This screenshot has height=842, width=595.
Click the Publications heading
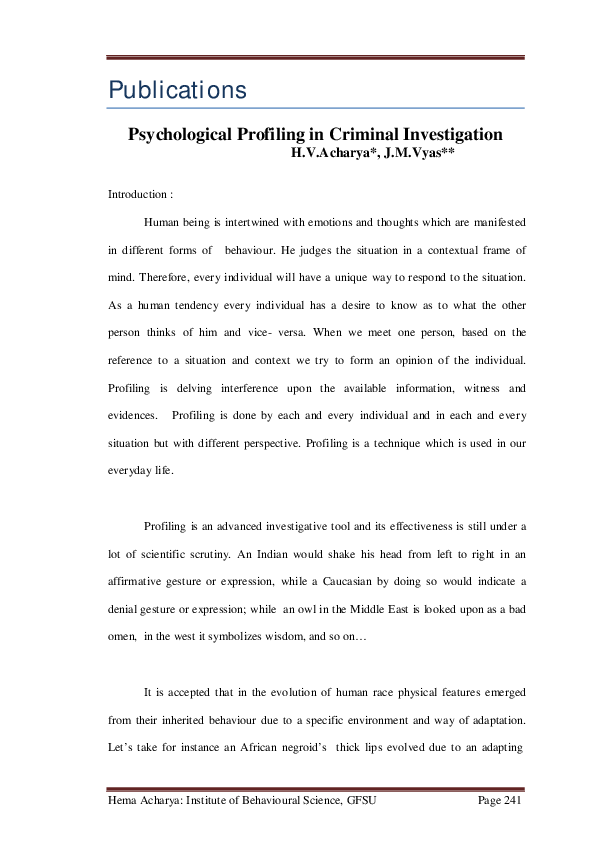(x=177, y=89)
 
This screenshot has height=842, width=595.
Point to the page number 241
(x=511, y=802)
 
